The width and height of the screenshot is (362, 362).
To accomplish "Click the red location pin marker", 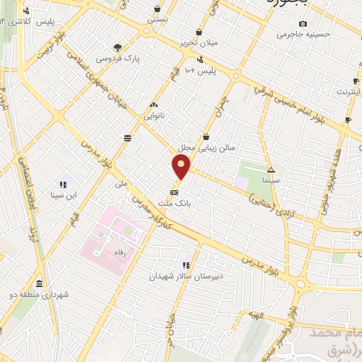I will click(181, 167).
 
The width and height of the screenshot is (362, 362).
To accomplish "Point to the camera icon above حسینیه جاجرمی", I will click(303, 23).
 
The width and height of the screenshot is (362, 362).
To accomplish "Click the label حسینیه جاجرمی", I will click(302, 33).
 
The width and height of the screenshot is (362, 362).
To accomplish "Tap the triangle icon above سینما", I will click(271, 170).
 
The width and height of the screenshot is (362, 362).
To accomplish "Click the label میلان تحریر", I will click(199, 43).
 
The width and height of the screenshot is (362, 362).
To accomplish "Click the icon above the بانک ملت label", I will click(175, 192).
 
